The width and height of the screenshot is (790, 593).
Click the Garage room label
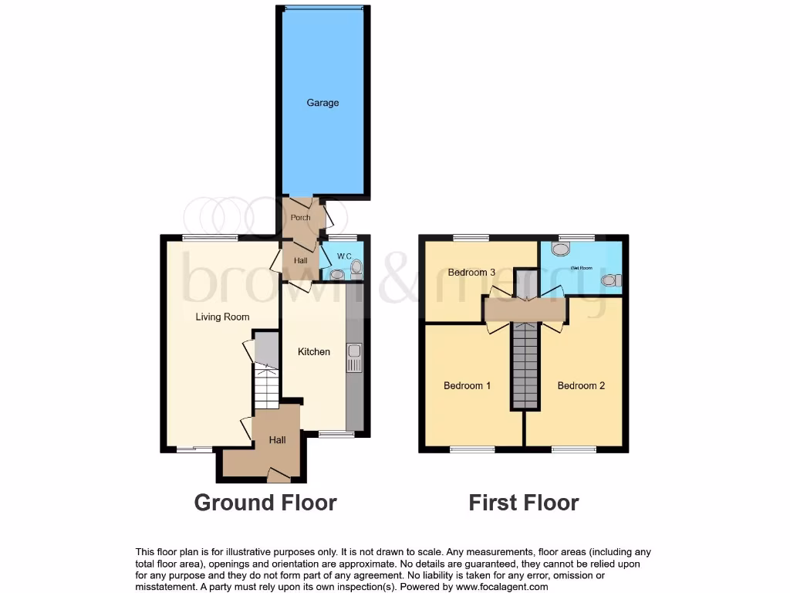(x=322, y=103)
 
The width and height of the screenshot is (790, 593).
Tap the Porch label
(x=301, y=217)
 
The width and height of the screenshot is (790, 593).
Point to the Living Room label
(x=222, y=317)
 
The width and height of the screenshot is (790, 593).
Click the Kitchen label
(x=314, y=351)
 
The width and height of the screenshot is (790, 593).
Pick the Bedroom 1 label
(x=468, y=385)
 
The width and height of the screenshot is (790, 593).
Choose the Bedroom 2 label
(x=581, y=385)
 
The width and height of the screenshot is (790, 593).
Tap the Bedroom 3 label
(x=472, y=272)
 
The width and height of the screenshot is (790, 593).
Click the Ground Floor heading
(x=265, y=503)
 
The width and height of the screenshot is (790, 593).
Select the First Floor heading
(x=524, y=503)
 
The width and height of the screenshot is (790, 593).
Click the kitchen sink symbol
(x=355, y=357)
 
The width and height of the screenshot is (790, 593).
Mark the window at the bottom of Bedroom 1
(x=472, y=449)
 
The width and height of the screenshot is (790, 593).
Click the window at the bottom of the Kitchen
(x=336, y=434)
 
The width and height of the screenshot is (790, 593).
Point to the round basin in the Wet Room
(x=560, y=249)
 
